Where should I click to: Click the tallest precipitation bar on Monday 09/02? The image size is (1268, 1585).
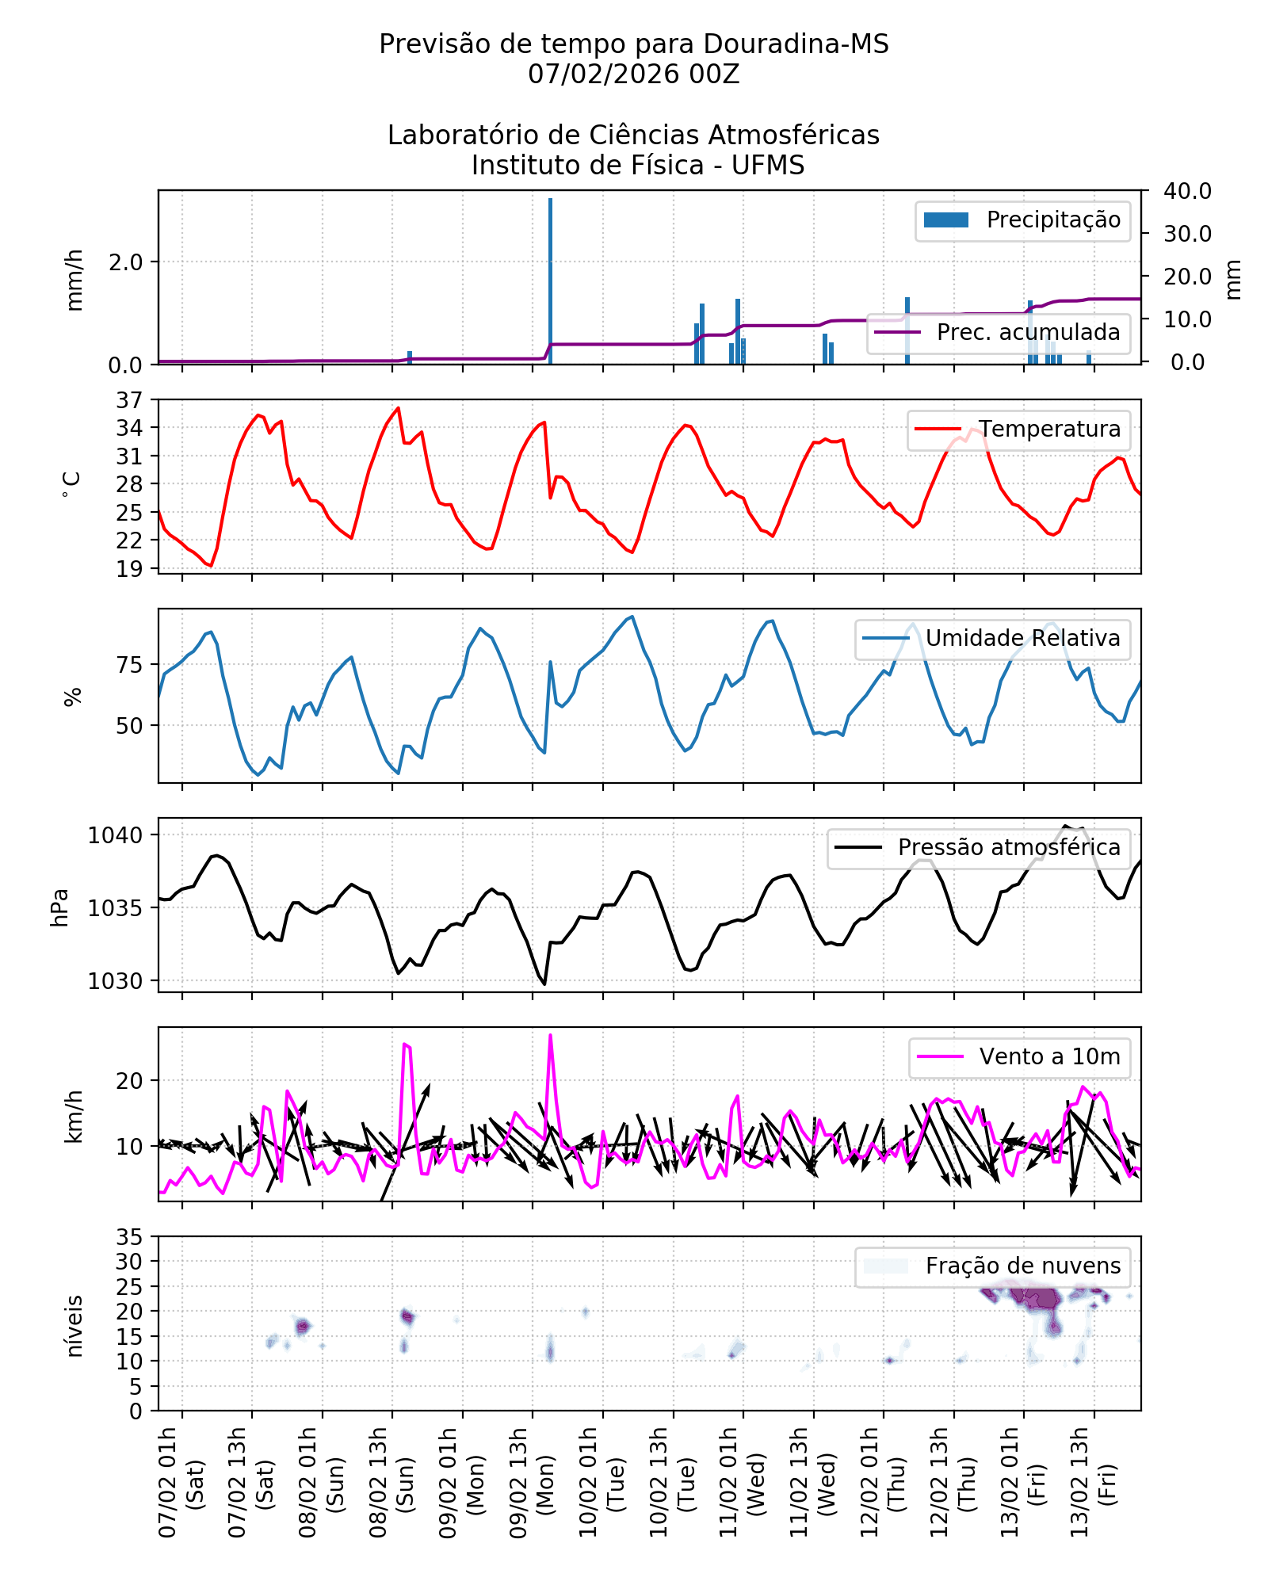point(550,281)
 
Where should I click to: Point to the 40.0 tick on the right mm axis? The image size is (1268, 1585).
point(1187,191)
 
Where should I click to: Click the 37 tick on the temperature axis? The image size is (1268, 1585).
point(129,400)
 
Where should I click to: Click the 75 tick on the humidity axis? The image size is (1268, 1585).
point(129,665)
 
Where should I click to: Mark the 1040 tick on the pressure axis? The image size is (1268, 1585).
point(116,835)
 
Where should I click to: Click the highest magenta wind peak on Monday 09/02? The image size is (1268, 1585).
point(550,1035)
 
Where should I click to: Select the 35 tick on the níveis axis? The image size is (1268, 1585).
point(129,1237)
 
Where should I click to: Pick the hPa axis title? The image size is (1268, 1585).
point(60,907)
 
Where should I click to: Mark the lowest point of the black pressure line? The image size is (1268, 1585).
point(544,984)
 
